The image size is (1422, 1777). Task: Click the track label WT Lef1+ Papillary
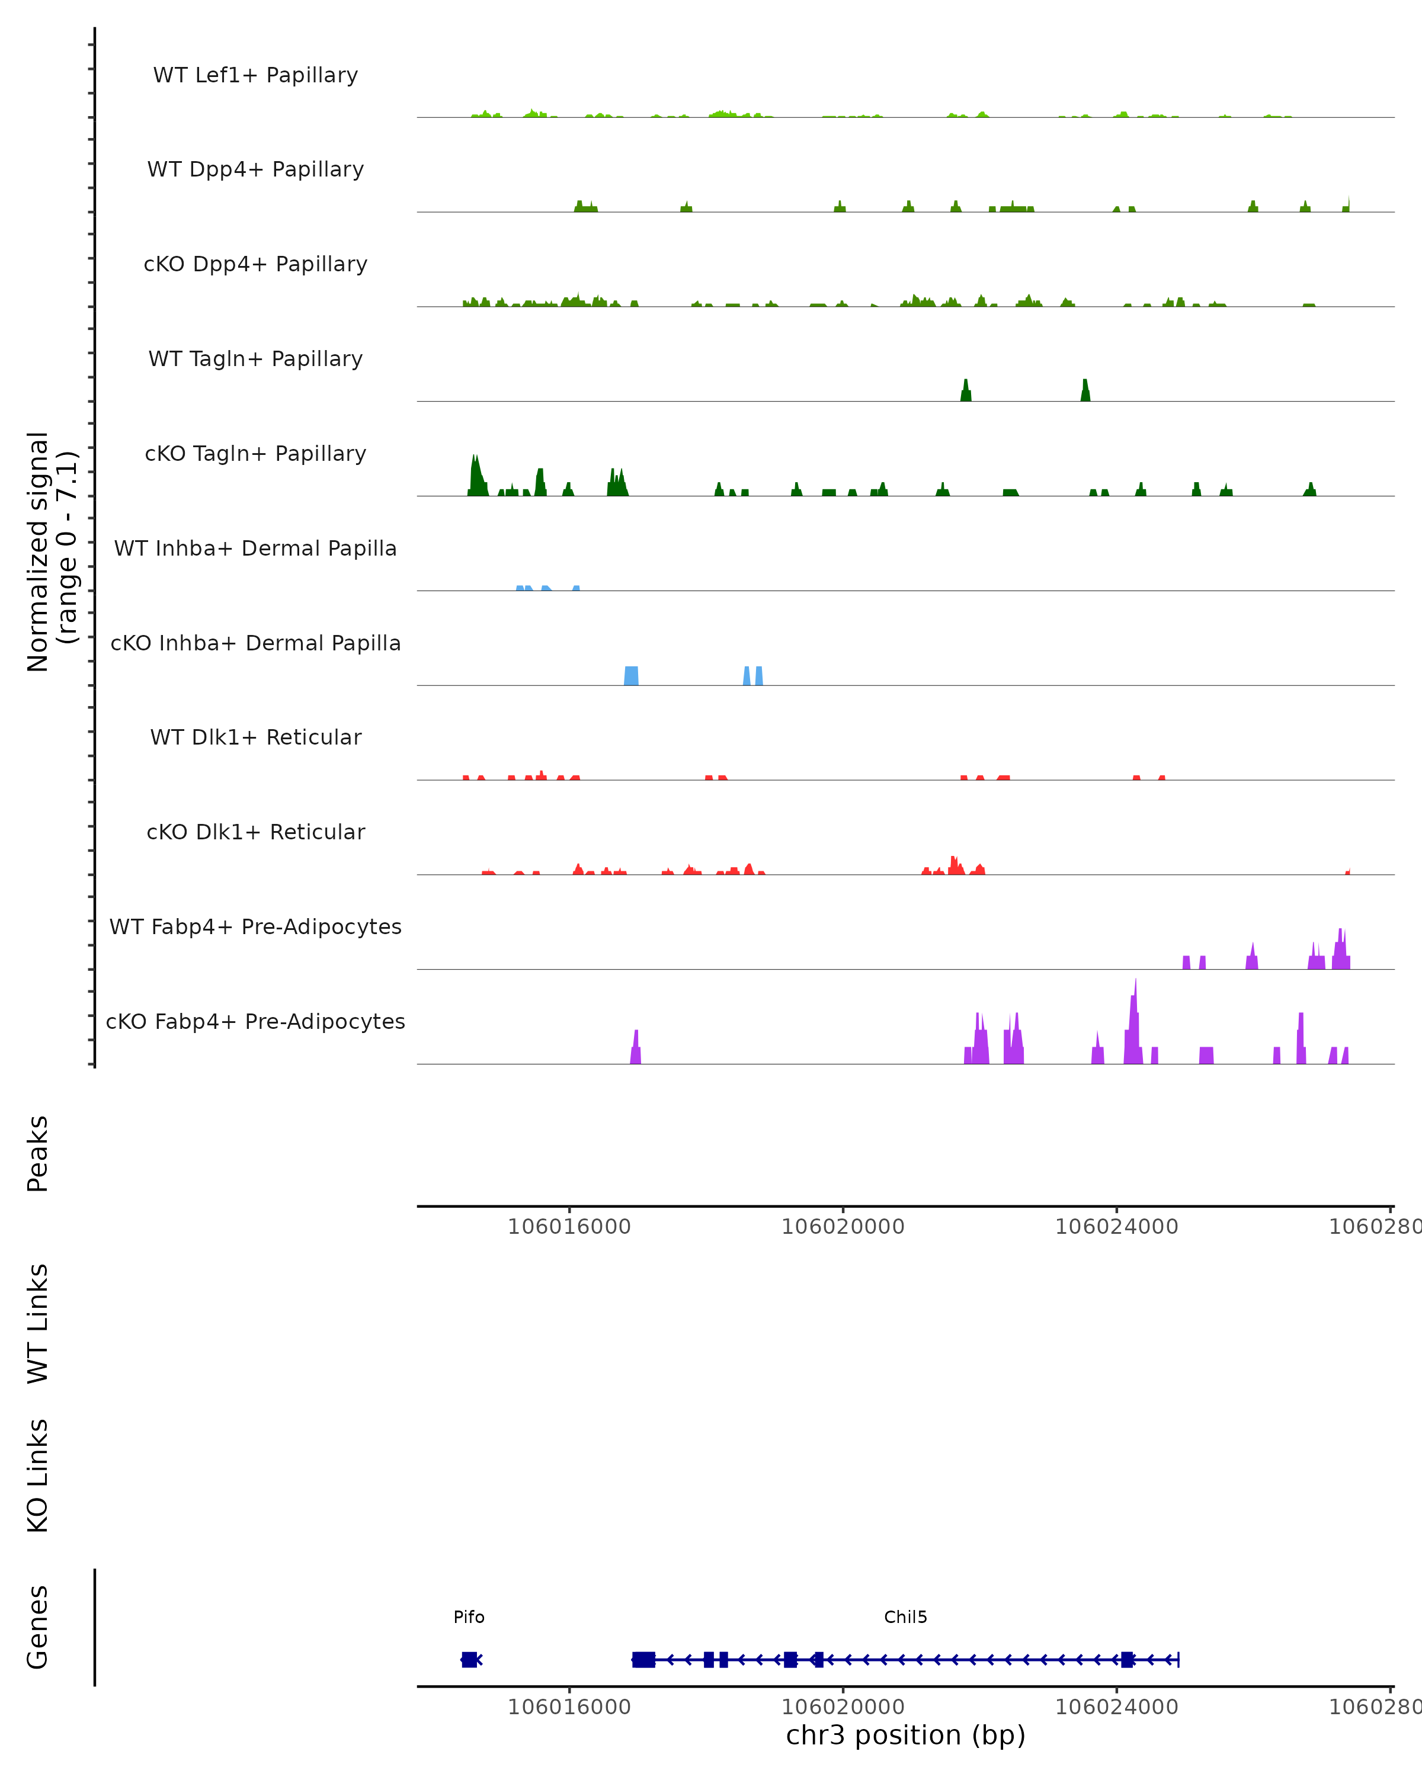point(255,75)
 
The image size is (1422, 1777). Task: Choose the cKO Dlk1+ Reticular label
point(255,832)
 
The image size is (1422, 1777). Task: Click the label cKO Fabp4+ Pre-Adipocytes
point(255,1021)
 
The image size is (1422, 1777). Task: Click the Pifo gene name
point(469,1617)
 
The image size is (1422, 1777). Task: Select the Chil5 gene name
point(905,1617)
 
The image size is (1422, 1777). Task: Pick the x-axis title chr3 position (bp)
point(905,1735)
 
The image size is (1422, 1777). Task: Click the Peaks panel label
point(38,1153)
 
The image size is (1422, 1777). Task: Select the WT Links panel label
point(38,1323)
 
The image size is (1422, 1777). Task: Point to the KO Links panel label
point(38,1476)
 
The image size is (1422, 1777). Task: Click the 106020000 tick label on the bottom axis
point(843,1707)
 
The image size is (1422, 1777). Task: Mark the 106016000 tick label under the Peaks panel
point(569,1227)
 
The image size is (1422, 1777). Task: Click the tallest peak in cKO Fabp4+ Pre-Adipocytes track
point(1135,1022)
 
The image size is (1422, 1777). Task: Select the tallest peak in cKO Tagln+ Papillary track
point(475,474)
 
